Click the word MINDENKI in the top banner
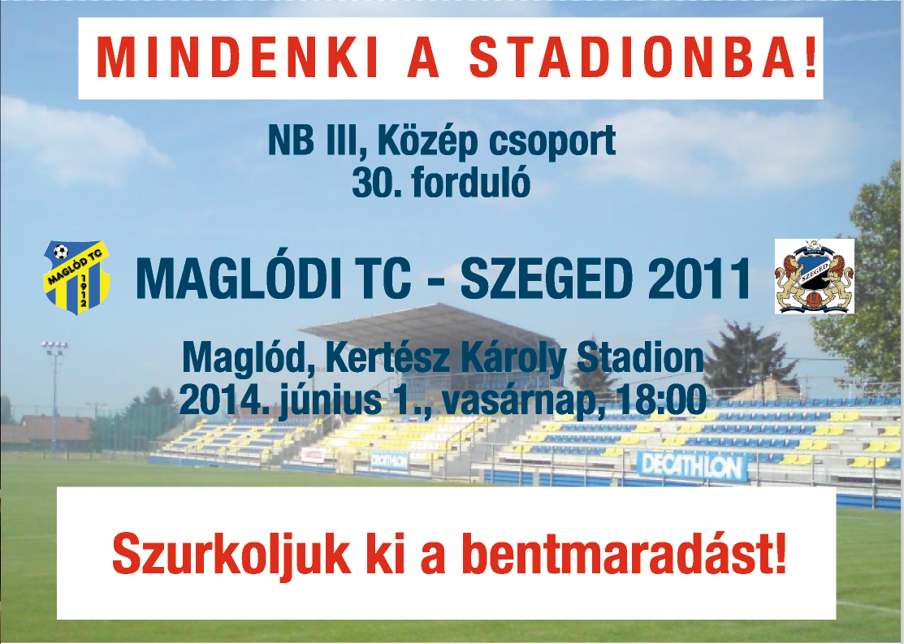click(237, 58)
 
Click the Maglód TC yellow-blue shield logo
click(76, 277)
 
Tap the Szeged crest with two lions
click(814, 276)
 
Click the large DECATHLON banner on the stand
click(692, 466)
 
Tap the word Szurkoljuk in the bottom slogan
click(231, 554)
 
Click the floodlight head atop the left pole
click(54, 347)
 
